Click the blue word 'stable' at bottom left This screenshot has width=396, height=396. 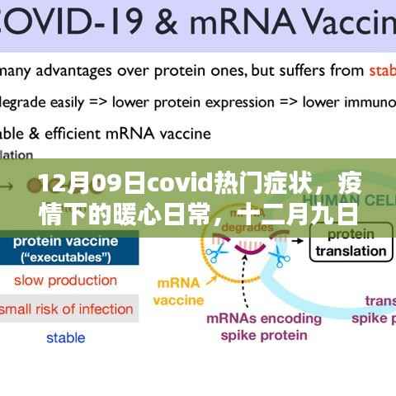point(65,337)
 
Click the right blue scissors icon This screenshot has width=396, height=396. point(283,257)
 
